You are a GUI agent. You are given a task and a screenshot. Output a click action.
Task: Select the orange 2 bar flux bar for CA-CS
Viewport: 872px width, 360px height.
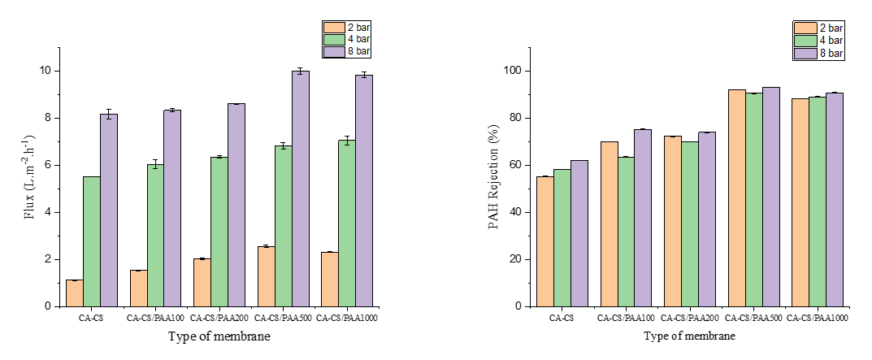pos(74,293)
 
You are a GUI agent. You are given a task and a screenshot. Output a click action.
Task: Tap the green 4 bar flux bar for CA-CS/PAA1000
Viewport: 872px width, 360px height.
pos(347,223)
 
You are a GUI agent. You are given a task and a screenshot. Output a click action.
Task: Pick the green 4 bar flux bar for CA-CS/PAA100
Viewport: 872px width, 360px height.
pos(155,236)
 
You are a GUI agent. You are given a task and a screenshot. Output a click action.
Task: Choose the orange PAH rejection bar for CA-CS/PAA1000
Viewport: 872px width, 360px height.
pos(800,202)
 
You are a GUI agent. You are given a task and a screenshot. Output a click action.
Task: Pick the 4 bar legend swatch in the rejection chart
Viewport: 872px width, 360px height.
pos(805,40)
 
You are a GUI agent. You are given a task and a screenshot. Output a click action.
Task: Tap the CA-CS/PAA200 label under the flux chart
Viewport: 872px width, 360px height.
pos(219,318)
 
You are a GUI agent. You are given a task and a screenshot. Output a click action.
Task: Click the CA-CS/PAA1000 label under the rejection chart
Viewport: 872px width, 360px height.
pos(818,318)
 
